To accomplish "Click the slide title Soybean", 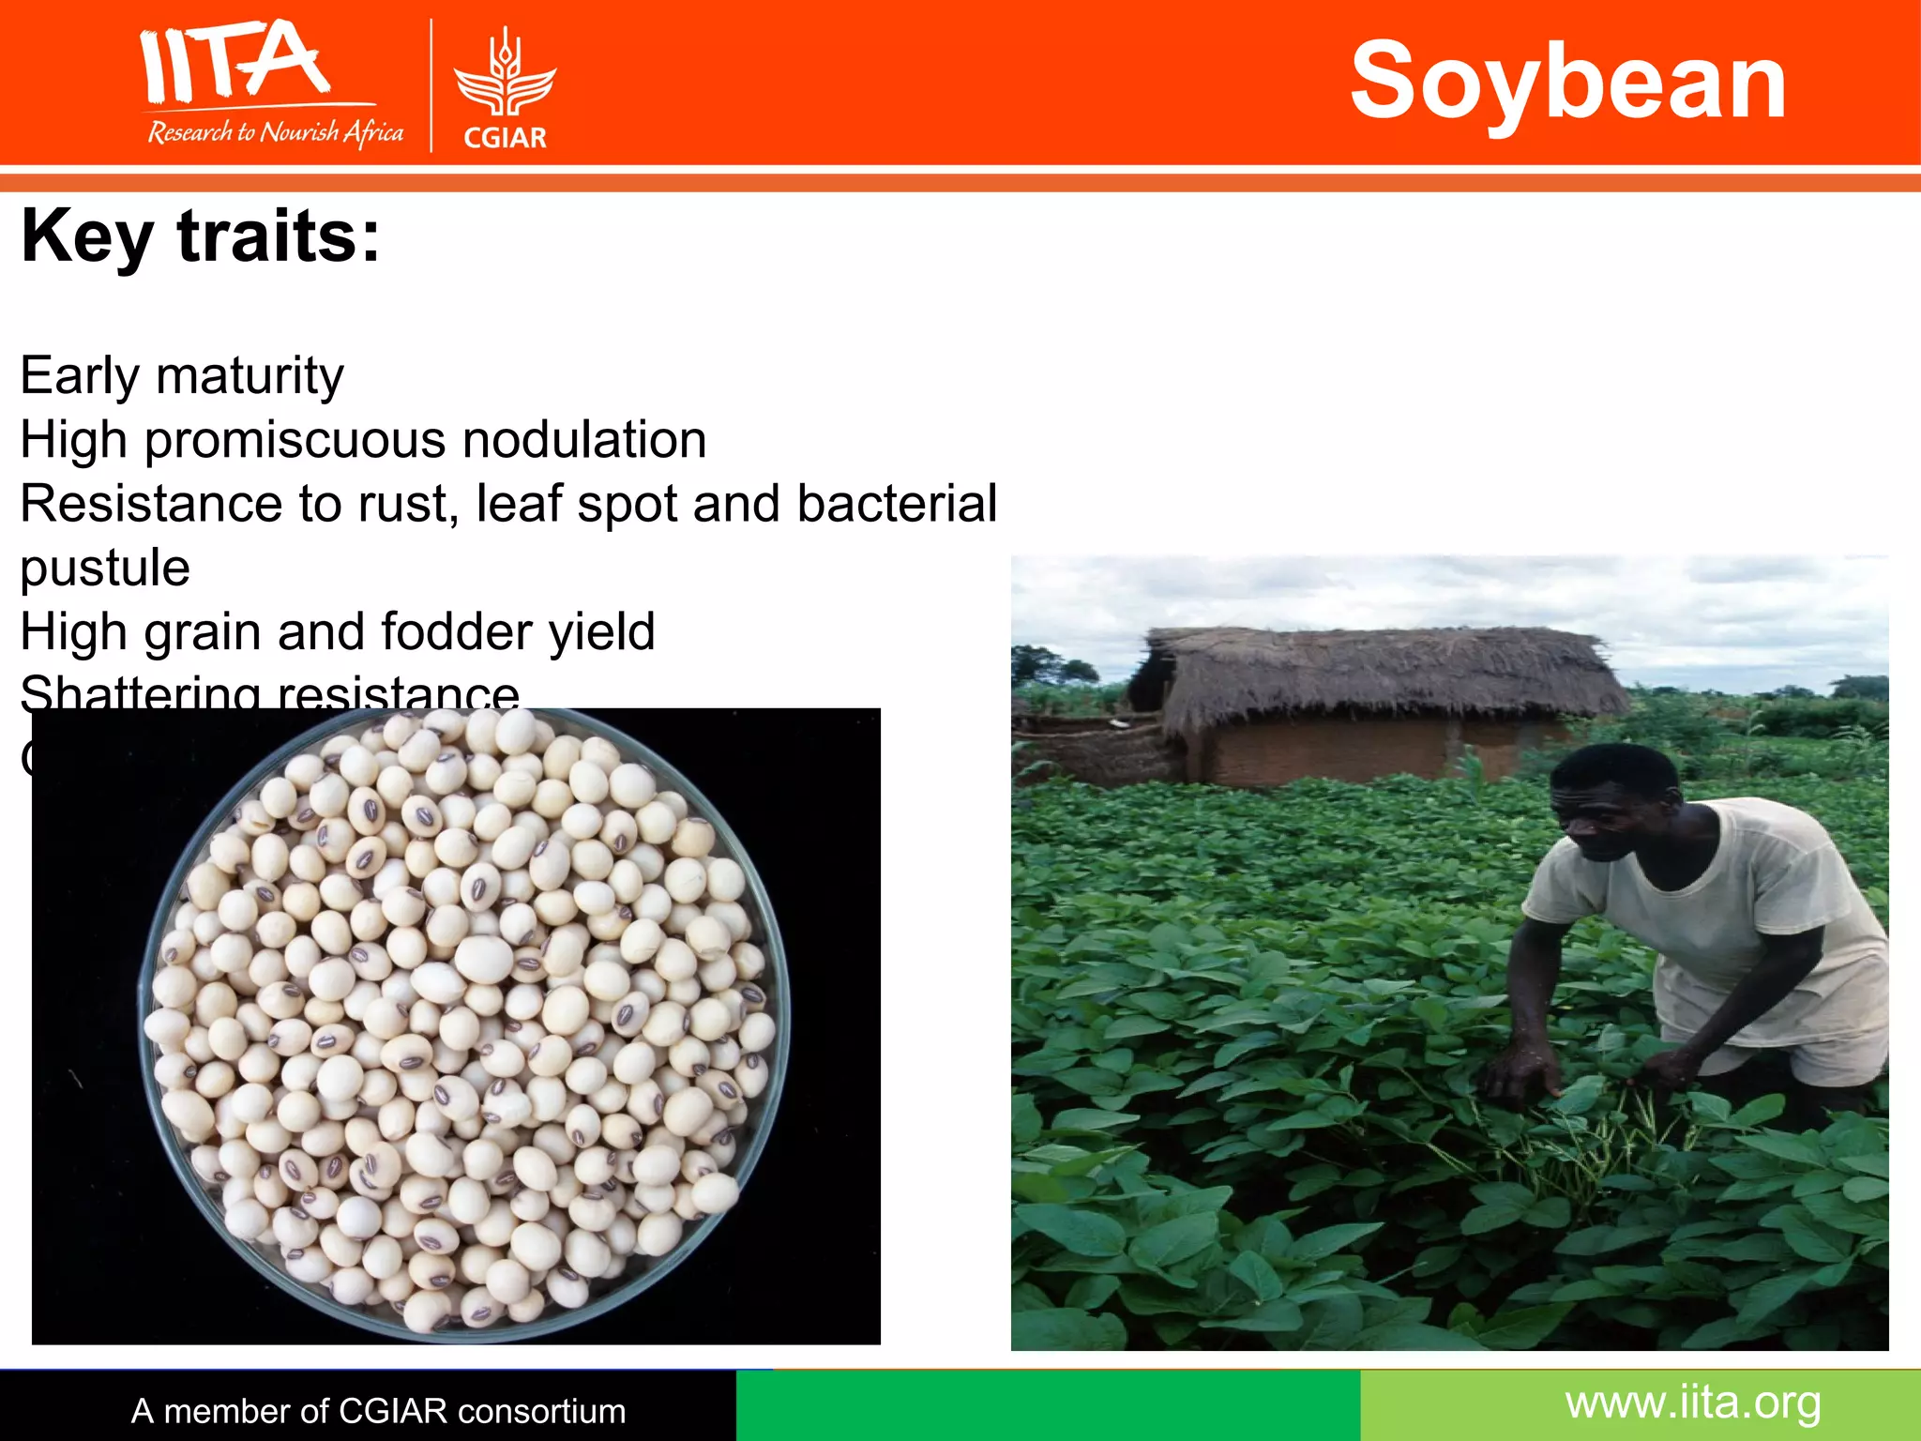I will (1567, 83).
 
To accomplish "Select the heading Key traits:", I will (201, 236).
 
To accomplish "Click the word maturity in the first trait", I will (250, 376).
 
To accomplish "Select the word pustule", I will (105, 568).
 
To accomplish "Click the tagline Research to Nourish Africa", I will (275, 132).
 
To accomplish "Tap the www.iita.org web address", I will (1693, 1403).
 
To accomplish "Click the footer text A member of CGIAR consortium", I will (378, 1411).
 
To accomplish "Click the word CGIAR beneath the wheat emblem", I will (505, 138).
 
